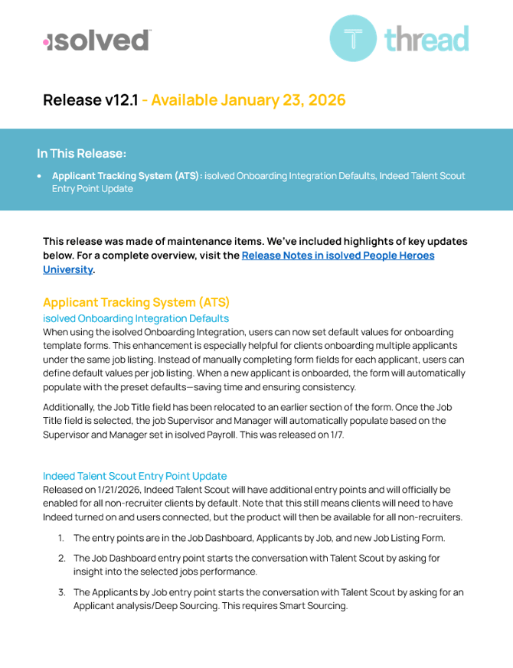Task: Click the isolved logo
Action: [x=96, y=40]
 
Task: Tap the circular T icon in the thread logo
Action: [x=353, y=38]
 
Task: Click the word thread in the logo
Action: [x=426, y=38]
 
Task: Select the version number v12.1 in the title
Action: [x=121, y=99]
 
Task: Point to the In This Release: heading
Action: [x=82, y=153]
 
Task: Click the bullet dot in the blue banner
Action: [x=39, y=176]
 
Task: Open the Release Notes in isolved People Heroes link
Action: [x=338, y=256]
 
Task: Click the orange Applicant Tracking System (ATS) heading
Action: [x=136, y=302]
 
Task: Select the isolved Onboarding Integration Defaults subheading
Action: [x=136, y=318]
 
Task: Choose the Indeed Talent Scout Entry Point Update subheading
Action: [x=135, y=476]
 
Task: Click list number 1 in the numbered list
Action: [x=61, y=538]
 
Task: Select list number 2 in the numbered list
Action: [x=61, y=559]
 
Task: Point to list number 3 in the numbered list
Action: [x=61, y=592]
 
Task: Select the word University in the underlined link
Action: [x=68, y=269]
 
